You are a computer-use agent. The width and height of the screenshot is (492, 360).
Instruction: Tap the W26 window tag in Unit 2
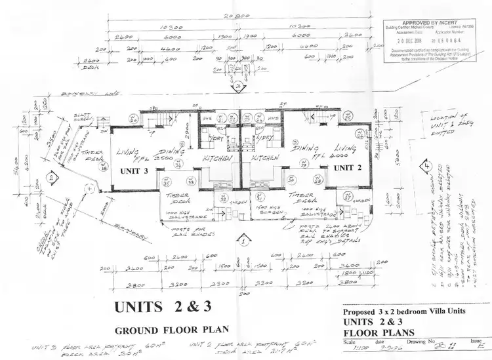pyautogui.click(x=359, y=134)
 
